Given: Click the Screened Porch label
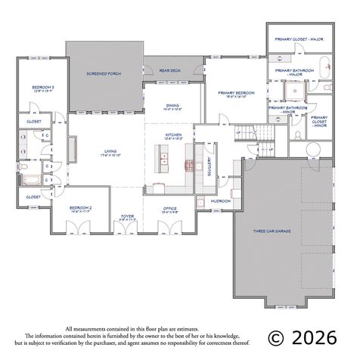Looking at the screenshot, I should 104,73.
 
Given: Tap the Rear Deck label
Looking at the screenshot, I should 170,71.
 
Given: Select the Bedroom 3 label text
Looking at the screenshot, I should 42,89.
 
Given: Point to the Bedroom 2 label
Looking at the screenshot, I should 80,208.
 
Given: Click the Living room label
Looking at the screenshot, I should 110,154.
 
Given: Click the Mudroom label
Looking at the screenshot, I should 221,201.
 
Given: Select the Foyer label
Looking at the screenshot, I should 127,217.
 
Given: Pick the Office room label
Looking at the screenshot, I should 171,209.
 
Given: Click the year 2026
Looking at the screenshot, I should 318,337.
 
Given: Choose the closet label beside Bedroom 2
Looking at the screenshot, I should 33,197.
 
